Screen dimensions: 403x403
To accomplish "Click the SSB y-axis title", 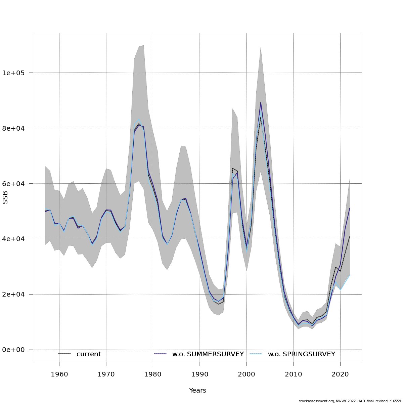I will click(x=5, y=197).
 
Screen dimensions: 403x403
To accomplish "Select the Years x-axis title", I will click(x=197, y=391).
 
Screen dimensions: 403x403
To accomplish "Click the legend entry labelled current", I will click(x=89, y=354).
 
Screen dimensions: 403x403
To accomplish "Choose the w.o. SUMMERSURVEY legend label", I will click(x=208, y=354).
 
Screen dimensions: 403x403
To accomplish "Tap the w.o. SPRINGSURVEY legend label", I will click(x=301, y=354).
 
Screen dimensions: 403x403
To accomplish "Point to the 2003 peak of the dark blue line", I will click(x=261, y=102).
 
